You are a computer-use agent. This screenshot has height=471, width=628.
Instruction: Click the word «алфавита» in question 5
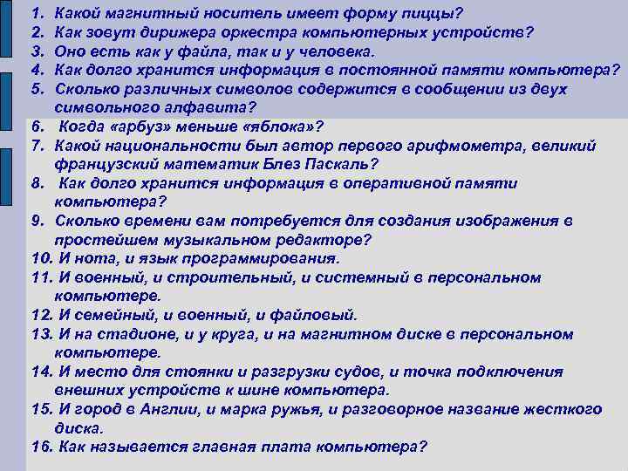pyautogui.click(x=208, y=107)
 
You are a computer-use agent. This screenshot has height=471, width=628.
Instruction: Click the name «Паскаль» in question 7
pyautogui.click(x=328, y=163)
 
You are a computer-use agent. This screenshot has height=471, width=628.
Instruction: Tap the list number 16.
pyautogui.click(x=42, y=447)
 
